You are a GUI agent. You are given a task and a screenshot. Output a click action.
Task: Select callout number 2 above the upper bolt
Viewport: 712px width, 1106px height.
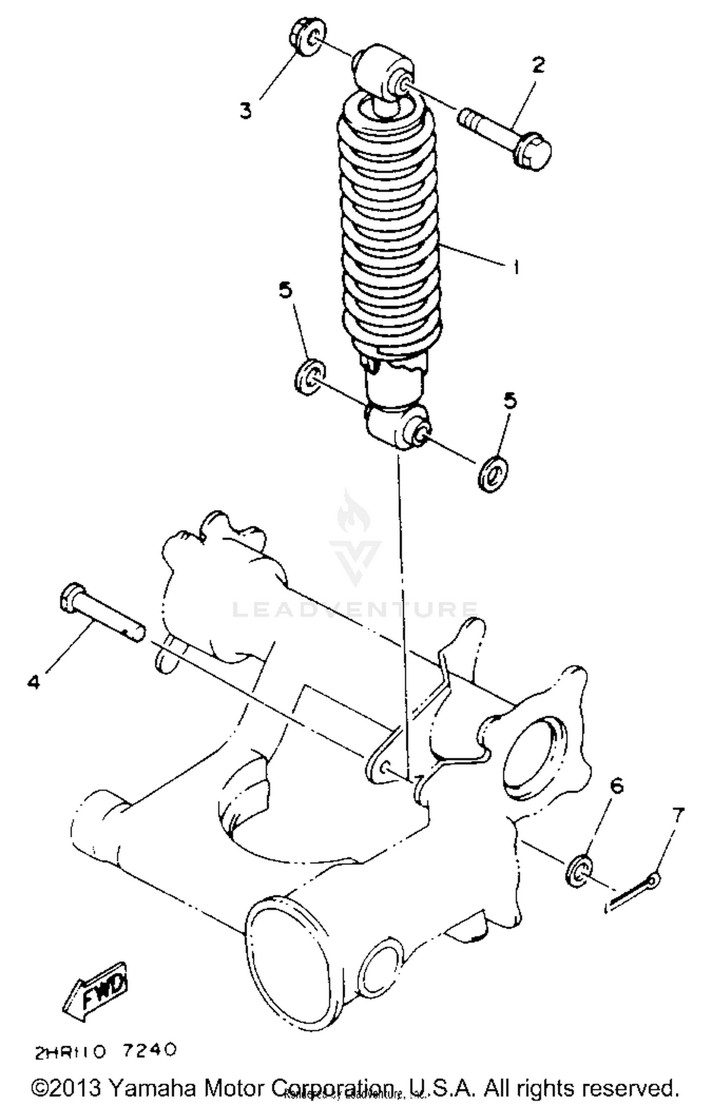tap(538, 65)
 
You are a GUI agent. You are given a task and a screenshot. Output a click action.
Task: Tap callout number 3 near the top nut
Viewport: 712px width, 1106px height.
tap(245, 111)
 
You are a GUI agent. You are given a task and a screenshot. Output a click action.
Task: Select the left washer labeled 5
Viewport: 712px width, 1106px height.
tap(309, 376)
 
